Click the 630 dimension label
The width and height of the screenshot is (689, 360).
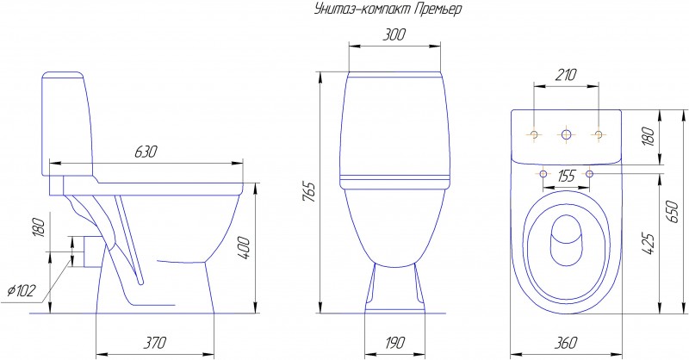146,152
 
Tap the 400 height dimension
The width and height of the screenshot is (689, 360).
243,248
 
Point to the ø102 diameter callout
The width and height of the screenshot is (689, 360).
22,290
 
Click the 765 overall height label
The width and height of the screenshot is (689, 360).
309,192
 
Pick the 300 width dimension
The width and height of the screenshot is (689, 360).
394,34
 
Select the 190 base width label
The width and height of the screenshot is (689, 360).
394,342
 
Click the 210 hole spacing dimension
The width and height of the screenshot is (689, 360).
565,75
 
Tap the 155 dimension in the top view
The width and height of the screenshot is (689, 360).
566,177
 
